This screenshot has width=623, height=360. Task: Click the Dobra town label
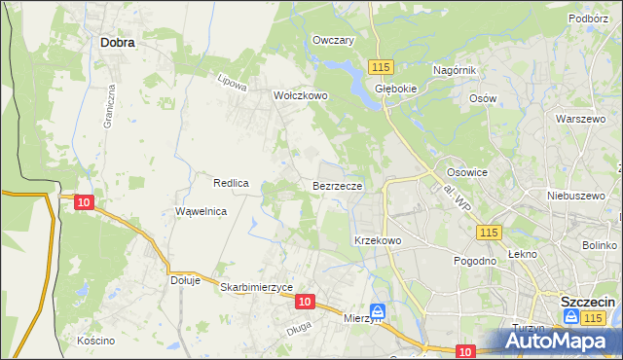[x=117, y=43]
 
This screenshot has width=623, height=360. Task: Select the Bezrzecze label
[x=338, y=184]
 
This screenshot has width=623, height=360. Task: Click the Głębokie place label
[x=396, y=87]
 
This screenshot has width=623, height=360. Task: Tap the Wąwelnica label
[x=202, y=211]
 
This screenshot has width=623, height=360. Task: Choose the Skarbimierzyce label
[x=257, y=287]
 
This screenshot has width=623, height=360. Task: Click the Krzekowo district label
[x=378, y=239]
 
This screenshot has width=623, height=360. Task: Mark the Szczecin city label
[x=587, y=301]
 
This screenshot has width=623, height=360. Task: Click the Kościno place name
[x=96, y=341]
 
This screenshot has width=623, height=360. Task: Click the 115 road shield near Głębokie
[x=381, y=66]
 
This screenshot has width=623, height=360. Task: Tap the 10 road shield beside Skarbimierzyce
[x=305, y=303]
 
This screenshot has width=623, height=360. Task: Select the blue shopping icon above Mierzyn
[x=377, y=311]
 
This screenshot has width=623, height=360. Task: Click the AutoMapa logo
[x=560, y=341]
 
